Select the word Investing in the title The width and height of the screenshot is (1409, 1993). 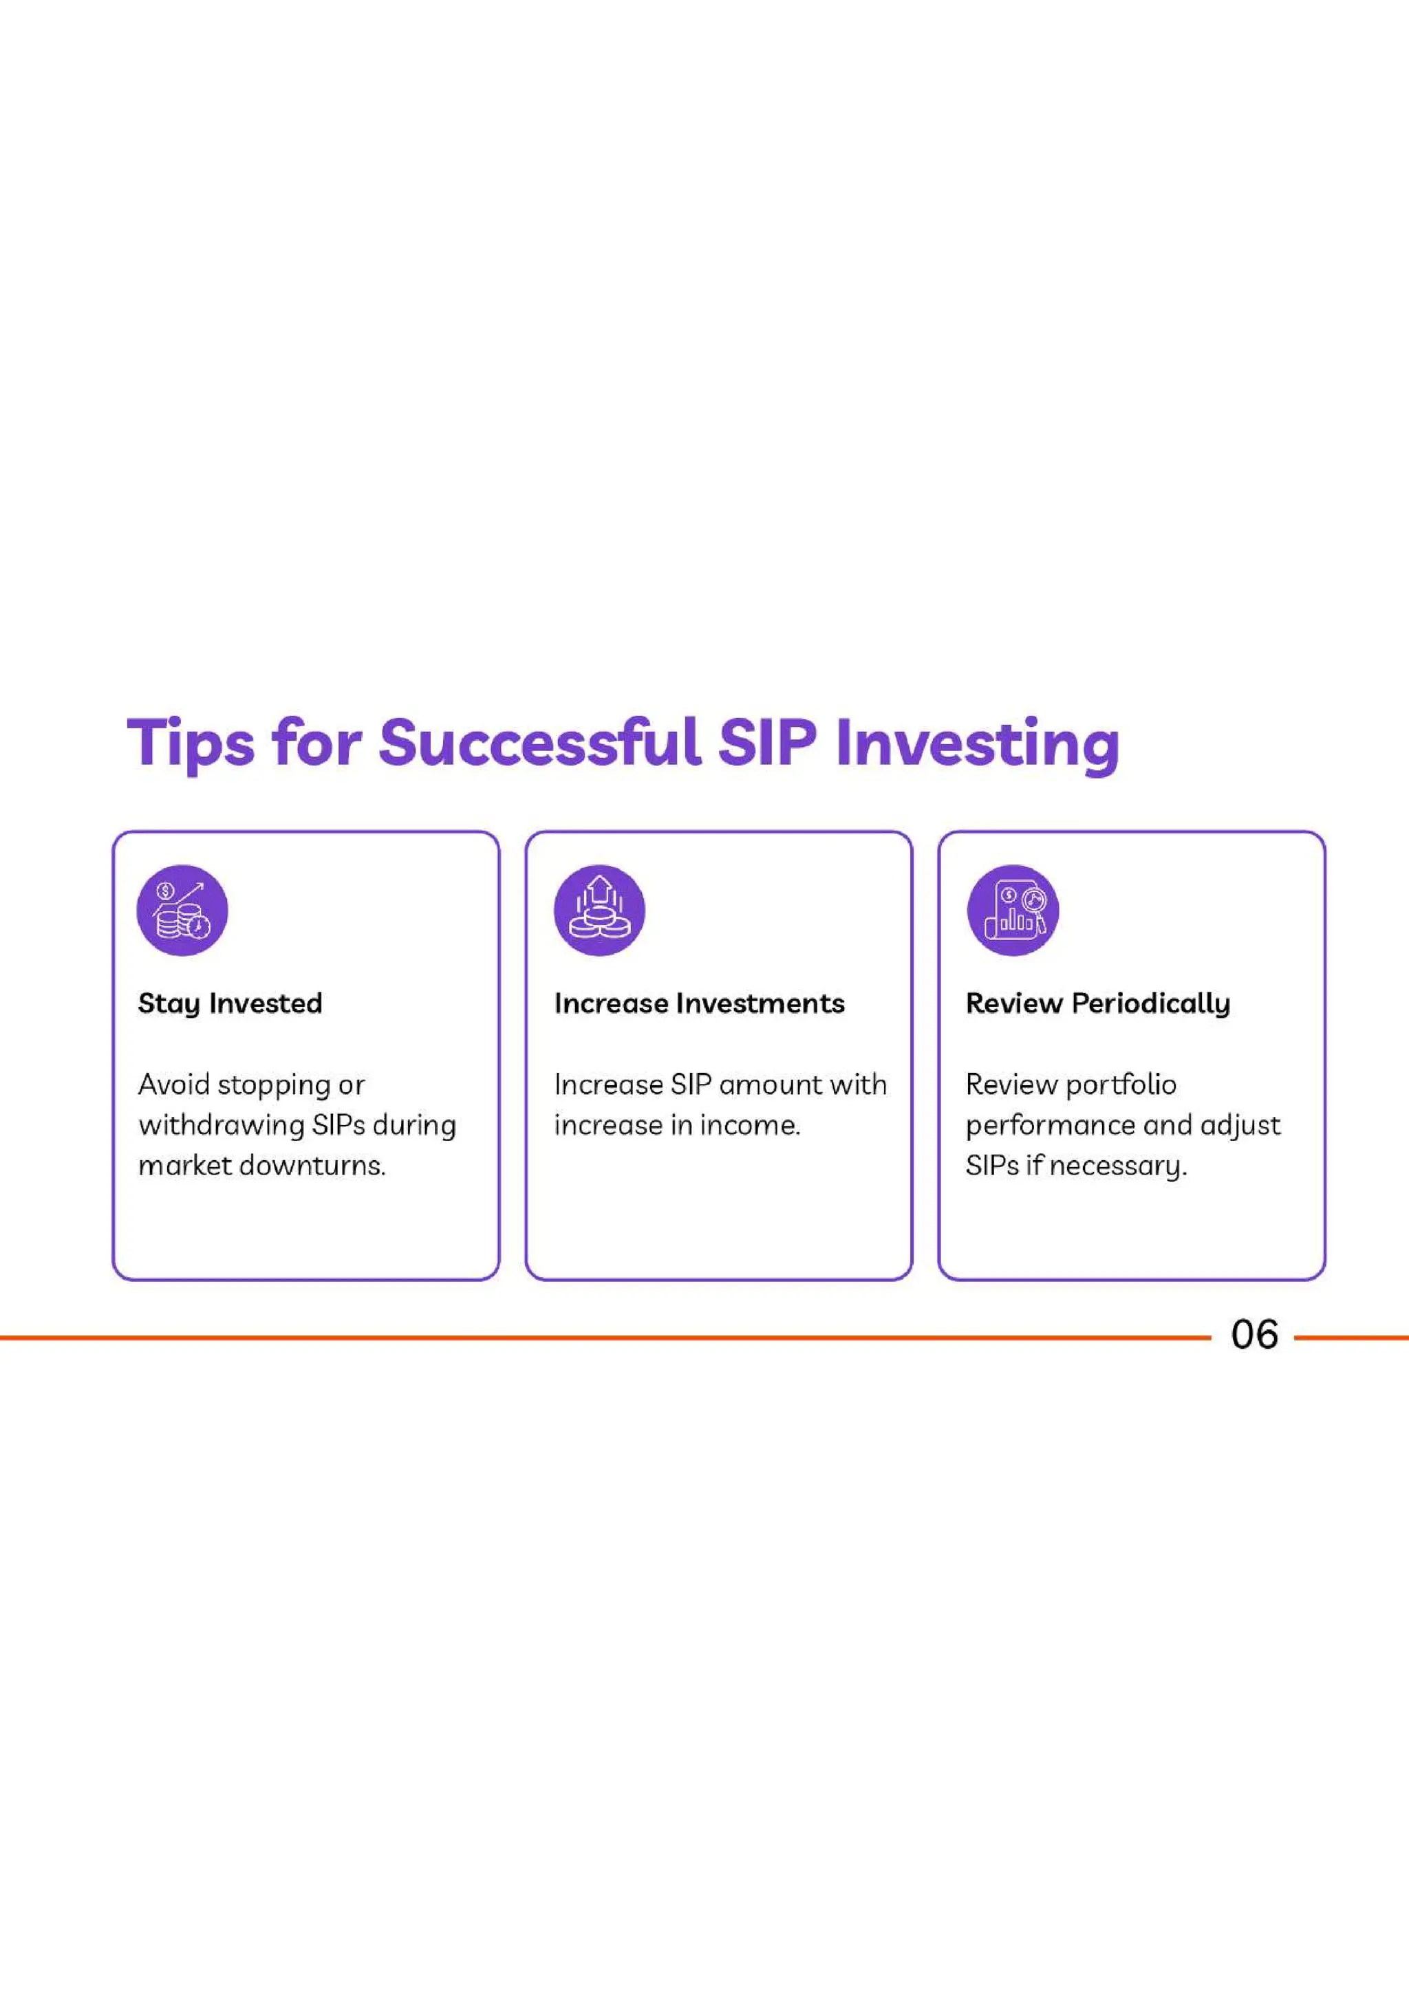pos(977,744)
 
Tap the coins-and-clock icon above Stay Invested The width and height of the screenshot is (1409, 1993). pos(182,911)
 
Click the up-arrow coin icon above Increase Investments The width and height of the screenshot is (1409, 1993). pos(599,911)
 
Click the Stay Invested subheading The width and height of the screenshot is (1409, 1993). pos(230,1003)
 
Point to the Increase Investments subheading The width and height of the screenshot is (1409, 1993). pos(699,1003)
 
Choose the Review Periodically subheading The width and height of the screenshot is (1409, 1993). pos(1097,1003)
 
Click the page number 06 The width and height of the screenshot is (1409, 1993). pos(1254,1335)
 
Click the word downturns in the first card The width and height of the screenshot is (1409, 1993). pos(312,1165)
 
